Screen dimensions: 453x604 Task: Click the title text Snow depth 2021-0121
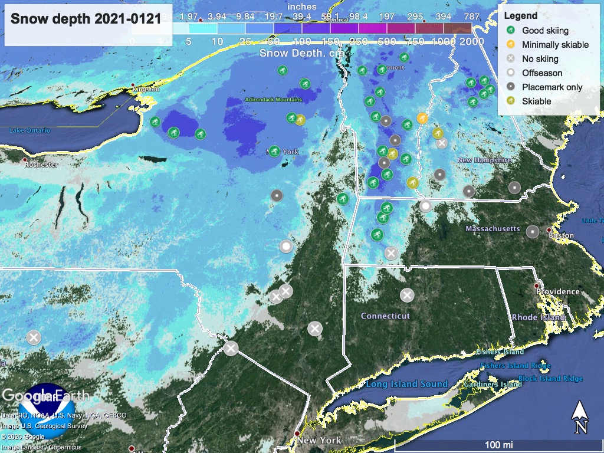86,18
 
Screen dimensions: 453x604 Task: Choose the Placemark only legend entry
552,87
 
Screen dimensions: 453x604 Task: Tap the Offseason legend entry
541,73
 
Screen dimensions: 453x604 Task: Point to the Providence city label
557,291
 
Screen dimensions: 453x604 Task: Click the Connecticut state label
385,316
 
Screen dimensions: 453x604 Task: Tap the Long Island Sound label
406,384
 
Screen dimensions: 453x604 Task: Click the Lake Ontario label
29,130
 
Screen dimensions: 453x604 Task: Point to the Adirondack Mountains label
273,100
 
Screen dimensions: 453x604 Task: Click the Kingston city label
146,90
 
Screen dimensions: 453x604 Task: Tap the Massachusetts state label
493,228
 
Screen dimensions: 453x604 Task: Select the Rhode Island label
539,317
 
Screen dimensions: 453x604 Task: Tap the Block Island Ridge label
550,378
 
